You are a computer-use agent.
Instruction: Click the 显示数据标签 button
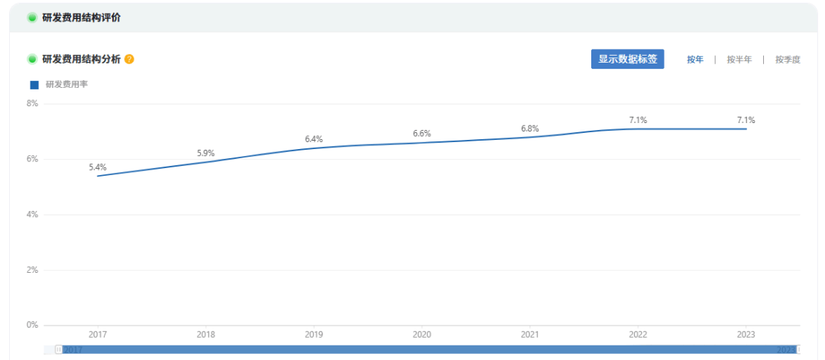pos(627,60)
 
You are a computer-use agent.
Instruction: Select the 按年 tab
pos(695,60)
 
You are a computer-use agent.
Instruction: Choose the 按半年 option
pos(739,60)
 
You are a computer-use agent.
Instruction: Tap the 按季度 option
pos(788,60)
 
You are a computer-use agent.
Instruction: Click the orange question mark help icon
pos(129,59)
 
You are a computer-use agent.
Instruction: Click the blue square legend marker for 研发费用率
pos(34,85)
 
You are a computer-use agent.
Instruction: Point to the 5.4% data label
pos(98,167)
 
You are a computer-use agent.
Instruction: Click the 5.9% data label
pos(205,153)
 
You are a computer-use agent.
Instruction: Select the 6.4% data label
pos(314,139)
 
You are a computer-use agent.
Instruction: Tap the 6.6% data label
pos(422,134)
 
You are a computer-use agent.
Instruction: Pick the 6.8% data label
pos(530,128)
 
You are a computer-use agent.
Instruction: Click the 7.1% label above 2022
pos(638,120)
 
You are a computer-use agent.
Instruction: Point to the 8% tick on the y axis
pos(32,103)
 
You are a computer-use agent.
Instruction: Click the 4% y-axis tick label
pos(32,215)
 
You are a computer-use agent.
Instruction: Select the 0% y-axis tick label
pos(32,325)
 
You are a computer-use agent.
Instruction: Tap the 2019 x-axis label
pos(314,335)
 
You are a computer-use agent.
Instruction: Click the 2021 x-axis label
pos(530,335)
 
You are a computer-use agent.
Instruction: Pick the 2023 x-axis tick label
pos(746,335)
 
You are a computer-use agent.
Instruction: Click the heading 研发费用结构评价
pos(82,18)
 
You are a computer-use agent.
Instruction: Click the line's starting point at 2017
pos(98,176)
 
